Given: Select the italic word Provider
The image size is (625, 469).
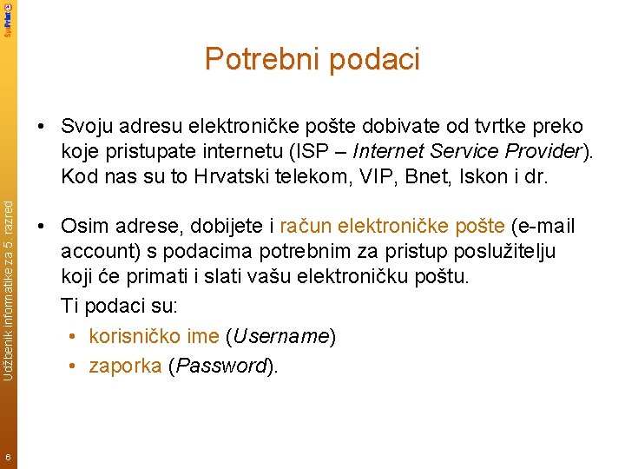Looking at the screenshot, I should pos(541,151).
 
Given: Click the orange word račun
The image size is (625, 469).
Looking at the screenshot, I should pos(306,228).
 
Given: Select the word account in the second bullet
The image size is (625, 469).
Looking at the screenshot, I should pos(95,252).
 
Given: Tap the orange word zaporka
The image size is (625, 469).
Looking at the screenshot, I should pos(125,366).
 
